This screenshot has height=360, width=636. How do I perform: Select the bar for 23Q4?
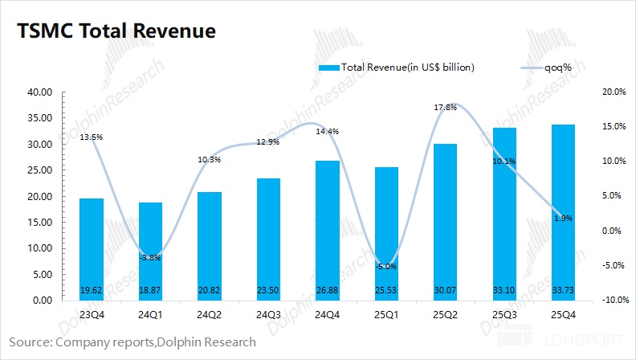tap(92, 249)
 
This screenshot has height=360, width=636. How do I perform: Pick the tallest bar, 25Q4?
tap(562, 212)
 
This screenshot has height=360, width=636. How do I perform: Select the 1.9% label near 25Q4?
tap(563, 218)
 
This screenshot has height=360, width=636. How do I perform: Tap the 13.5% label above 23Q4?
tap(92, 137)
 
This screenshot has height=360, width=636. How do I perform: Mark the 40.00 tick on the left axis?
tap(40, 92)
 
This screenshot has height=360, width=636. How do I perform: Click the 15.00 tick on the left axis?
tap(40, 223)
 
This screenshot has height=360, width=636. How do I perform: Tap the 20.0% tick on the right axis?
tap(614, 92)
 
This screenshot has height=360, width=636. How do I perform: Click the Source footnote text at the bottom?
tap(132, 342)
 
